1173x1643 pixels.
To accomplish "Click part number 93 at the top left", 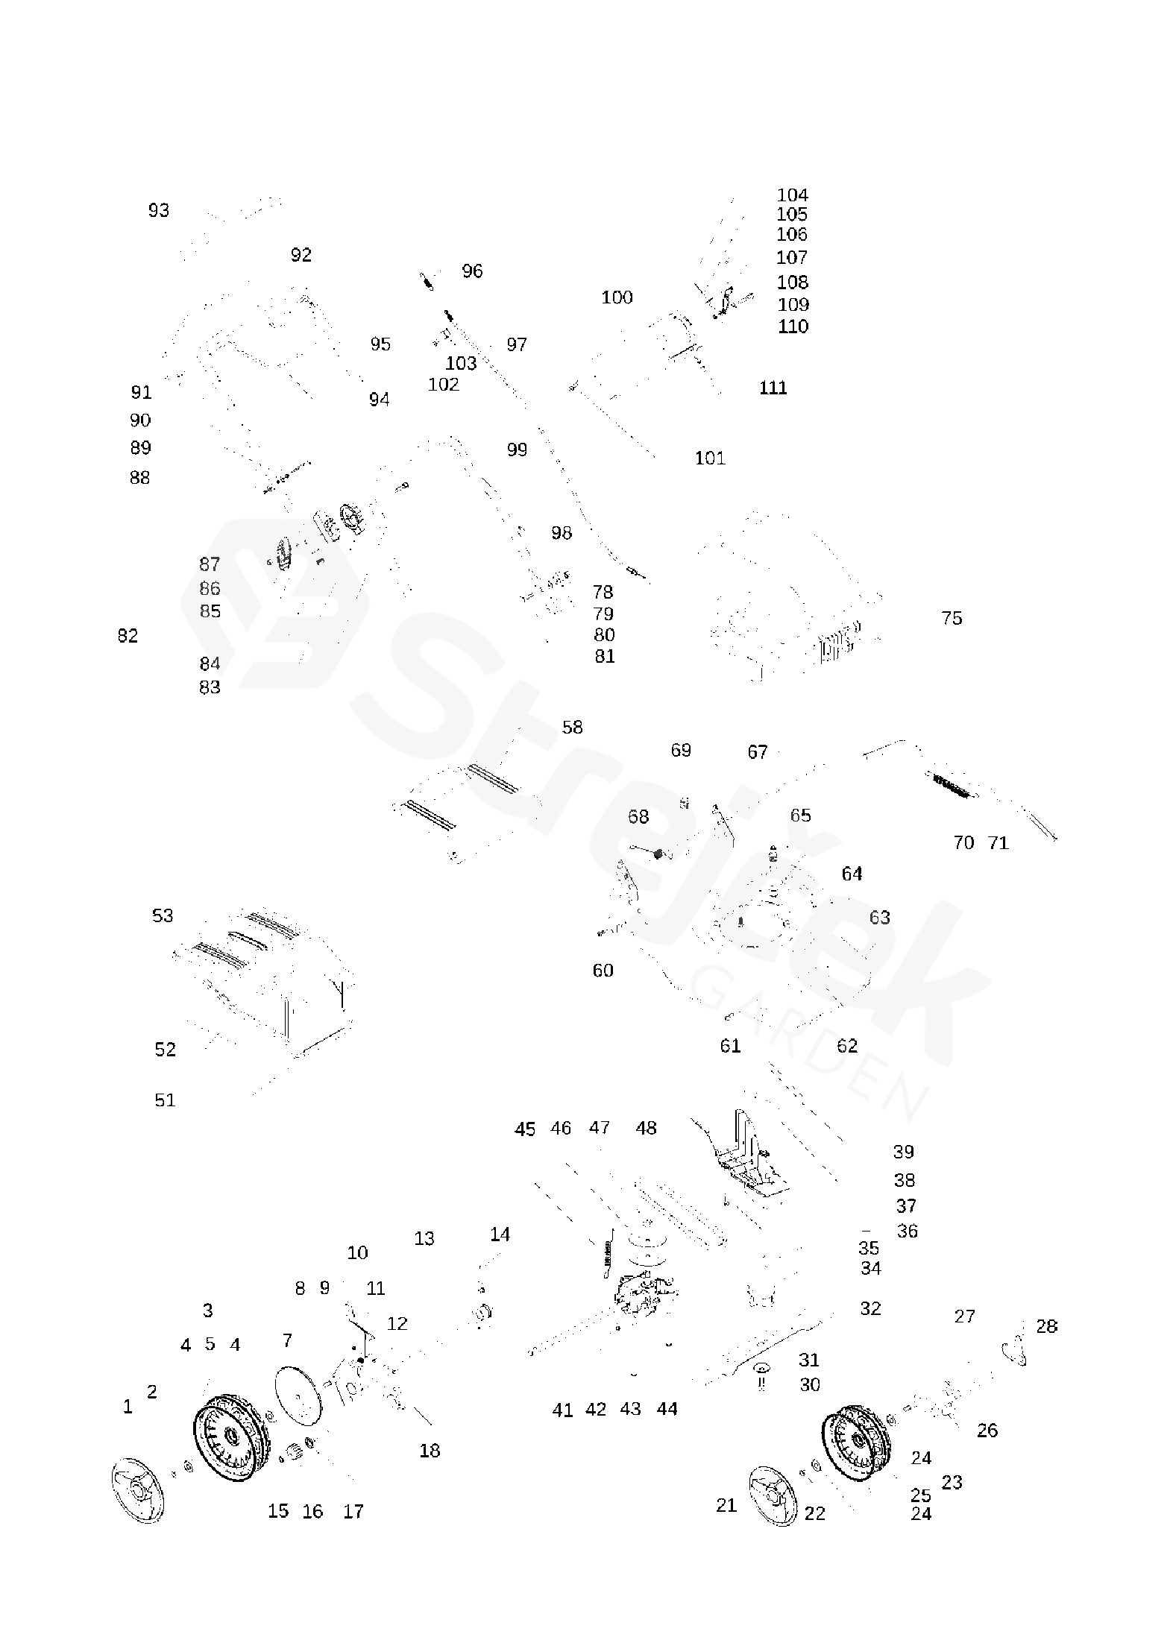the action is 159,211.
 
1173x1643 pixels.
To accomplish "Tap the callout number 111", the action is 773,388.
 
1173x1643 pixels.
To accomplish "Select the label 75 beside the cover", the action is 952,619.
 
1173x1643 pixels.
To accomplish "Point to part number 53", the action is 163,916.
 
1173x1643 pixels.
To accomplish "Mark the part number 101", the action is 710,458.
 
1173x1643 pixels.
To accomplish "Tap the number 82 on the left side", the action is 128,636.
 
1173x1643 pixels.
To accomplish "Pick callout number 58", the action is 572,728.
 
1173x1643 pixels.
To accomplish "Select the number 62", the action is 847,1046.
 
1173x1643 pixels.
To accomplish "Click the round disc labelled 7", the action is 298,1396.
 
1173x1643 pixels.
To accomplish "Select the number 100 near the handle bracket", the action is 617,298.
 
